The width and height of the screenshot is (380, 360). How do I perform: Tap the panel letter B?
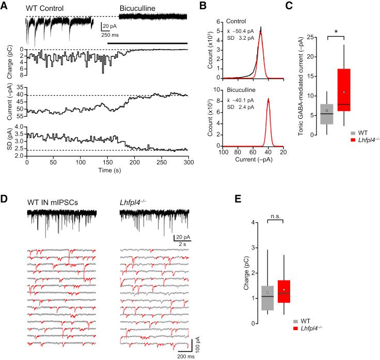click(x=202, y=4)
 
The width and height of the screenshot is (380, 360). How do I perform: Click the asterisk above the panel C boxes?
click(x=337, y=33)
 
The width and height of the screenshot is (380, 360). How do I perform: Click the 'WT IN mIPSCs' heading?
click(x=53, y=201)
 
